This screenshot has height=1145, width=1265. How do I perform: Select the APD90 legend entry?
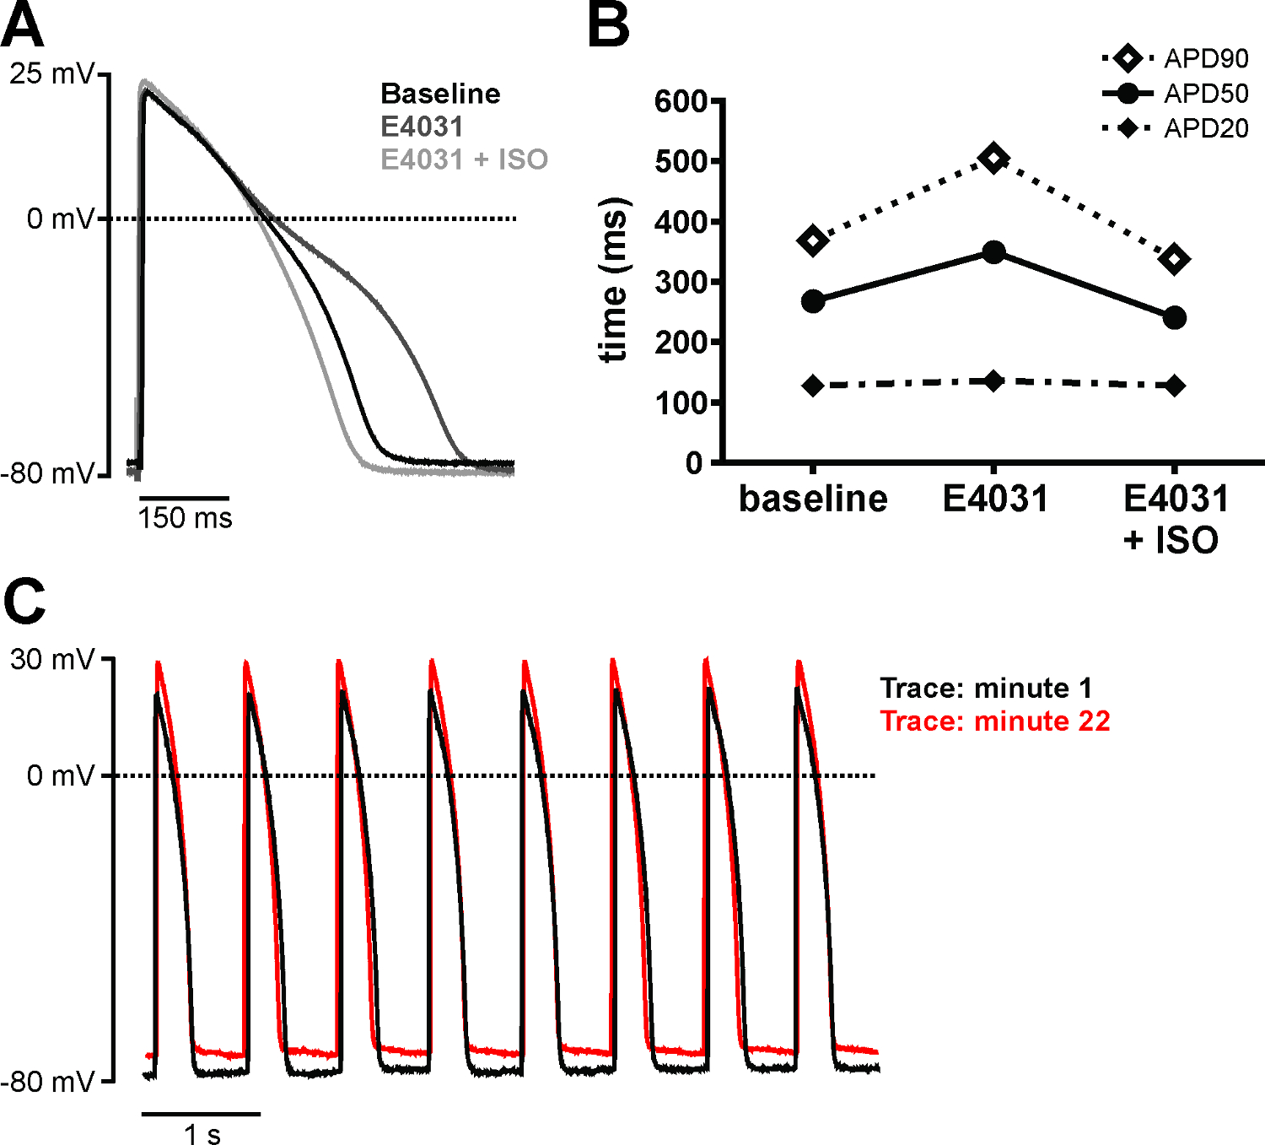pyautogui.click(x=1175, y=59)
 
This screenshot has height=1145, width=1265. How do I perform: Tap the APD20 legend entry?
pyautogui.click(x=1175, y=128)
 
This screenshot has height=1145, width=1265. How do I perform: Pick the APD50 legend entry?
pyautogui.click(x=1175, y=94)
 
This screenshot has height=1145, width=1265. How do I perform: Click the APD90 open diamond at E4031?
pyautogui.click(x=994, y=158)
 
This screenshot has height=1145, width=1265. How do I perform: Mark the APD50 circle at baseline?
pyautogui.click(x=813, y=301)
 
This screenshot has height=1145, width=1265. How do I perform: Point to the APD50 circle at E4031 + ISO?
pyautogui.click(x=1174, y=318)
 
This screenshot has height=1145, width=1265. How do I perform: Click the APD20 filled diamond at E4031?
pyautogui.click(x=994, y=381)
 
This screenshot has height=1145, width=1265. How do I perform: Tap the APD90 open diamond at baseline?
pyautogui.click(x=813, y=240)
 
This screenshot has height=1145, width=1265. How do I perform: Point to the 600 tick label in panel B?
pyautogui.click(x=680, y=101)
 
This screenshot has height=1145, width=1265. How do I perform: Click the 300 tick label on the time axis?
pyautogui.click(x=680, y=282)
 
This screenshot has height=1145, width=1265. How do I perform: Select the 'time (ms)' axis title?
pyautogui.click(x=614, y=280)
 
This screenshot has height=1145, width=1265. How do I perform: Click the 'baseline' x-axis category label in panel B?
pyautogui.click(x=813, y=499)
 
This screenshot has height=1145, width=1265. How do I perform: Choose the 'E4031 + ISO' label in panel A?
pyautogui.click(x=464, y=159)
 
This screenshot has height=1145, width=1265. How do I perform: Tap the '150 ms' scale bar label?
pyautogui.click(x=185, y=517)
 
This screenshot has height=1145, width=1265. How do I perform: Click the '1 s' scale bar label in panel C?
pyautogui.click(x=202, y=1134)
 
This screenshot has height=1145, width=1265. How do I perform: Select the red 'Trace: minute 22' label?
pyautogui.click(x=995, y=721)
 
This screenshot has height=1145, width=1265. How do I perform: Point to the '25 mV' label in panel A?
pyautogui.click(x=51, y=73)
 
